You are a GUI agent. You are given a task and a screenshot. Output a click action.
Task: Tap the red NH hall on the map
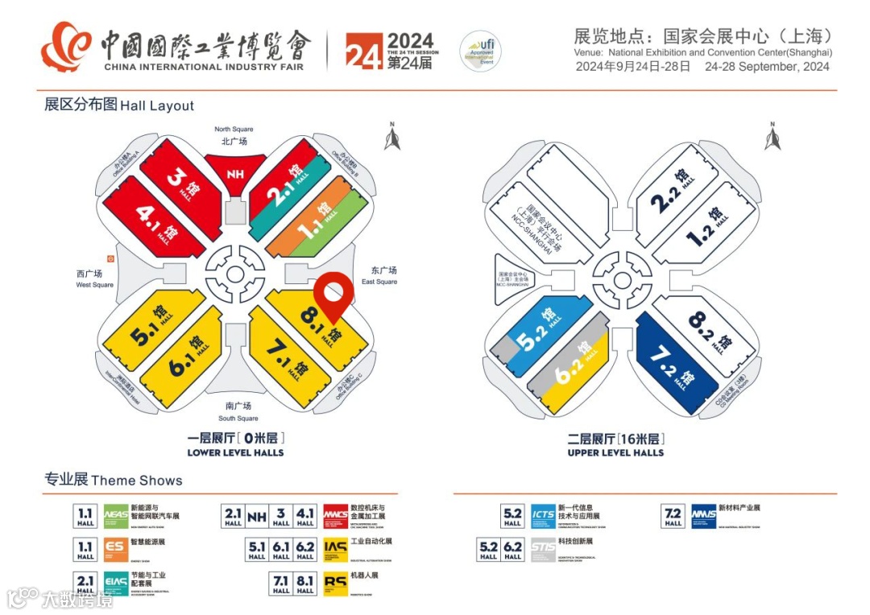tap(234, 173)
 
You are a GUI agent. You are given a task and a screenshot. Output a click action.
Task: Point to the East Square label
tap(379, 275)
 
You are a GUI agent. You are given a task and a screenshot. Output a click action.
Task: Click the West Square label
tap(95, 279)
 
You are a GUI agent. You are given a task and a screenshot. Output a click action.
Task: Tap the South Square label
tap(238, 411)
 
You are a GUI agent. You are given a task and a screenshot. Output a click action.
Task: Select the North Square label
tap(234, 134)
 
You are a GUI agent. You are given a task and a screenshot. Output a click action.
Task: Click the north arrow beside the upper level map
tap(773, 138)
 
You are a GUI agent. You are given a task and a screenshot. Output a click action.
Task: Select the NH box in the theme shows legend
tap(257, 517)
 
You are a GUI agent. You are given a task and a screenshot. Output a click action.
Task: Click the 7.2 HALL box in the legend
tap(673, 516)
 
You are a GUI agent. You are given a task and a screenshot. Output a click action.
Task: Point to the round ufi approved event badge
tap(478, 52)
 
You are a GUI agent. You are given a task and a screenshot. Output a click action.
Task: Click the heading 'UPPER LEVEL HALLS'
tap(615, 452)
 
